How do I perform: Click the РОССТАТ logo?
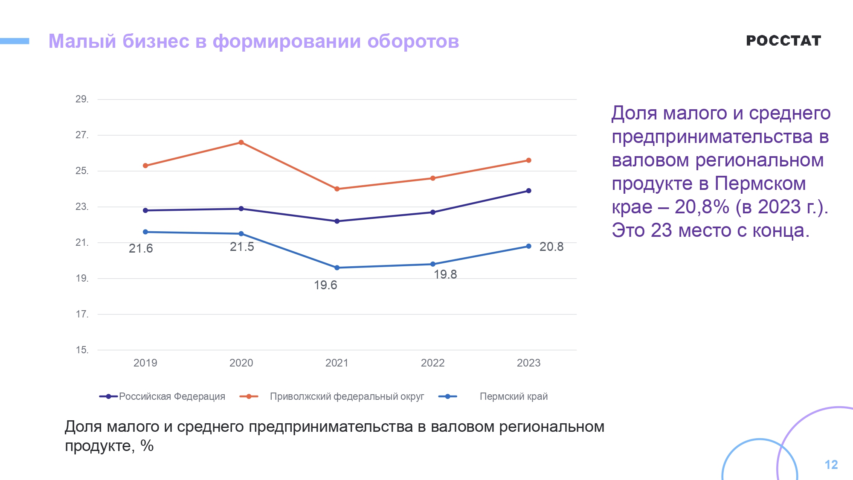click(x=783, y=41)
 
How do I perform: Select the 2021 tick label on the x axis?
click(x=337, y=363)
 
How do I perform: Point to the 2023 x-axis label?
click(x=528, y=363)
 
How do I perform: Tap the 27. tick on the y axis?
click(x=82, y=135)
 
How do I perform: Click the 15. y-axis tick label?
click(x=82, y=350)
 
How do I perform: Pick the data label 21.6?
click(x=141, y=248)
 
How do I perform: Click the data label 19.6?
click(x=325, y=285)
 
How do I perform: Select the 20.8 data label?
click(x=551, y=247)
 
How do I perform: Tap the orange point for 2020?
click(x=241, y=143)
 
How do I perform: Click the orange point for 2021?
click(x=337, y=189)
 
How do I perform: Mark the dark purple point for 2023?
click(x=529, y=191)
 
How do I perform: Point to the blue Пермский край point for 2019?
click(x=145, y=232)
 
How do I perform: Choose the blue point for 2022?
click(x=433, y=264)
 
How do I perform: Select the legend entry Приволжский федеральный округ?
click(x=347, y=396)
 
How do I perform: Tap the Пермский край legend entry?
click(x=514, y=396)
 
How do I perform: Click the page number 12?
click(x=831, y=465)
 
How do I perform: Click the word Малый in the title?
click(x=82, y=41)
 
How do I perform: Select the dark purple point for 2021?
click(x=337, y=221)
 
